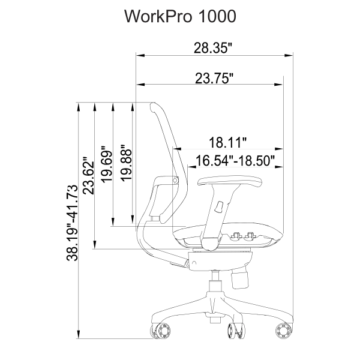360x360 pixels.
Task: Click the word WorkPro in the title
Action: pyautogui.click(x=157, y=17)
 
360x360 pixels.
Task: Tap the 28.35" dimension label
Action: pyautogui.click(x=213, y=48)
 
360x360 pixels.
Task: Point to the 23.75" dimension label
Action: pyautogui.click(x=214, y=79)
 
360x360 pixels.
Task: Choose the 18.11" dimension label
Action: pyautogui.click(x=228, y=142)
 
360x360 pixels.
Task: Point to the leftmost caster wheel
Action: pyautogui.click(x=163, y=330)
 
